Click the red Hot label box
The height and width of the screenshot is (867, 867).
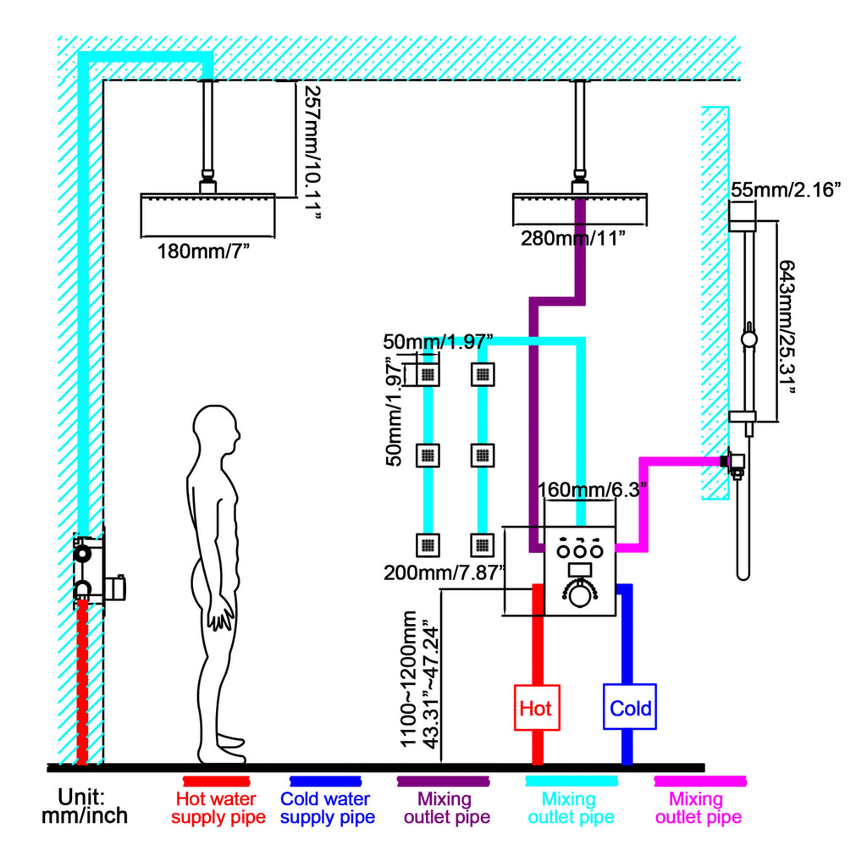click(537, 708)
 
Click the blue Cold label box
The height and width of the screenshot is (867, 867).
click(630, 707)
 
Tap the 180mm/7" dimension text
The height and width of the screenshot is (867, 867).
click(203, 251)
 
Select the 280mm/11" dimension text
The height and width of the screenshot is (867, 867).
click(573, 238)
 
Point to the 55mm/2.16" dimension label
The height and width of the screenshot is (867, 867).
click(786, 190)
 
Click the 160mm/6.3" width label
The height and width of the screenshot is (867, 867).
click(592, 489)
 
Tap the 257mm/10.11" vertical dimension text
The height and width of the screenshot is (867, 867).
click(312, 152)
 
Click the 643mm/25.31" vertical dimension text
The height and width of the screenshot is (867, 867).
click(787, 327)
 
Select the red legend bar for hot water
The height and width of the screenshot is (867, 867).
click(217, 781)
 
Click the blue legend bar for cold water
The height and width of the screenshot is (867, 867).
click(326, 781)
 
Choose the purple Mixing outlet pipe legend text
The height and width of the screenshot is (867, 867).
click(447, 808)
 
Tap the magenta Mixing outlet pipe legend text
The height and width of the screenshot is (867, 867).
click(698, 808)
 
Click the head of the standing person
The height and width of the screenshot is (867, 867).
click(216, 428)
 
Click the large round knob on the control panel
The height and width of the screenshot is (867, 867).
click(579, 595)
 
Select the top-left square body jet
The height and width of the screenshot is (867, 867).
click(428, 374)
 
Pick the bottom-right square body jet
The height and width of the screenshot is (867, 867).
click(482, 545)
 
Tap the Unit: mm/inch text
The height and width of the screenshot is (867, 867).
click(85, 806)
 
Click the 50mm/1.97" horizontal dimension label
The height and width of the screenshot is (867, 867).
click(438, 341)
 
